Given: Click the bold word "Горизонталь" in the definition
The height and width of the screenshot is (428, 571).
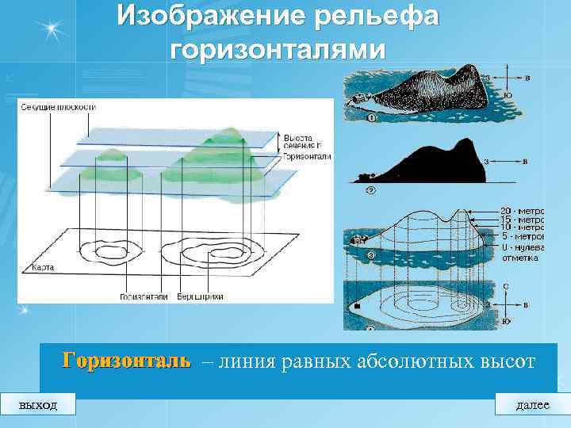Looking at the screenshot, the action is [127, 361].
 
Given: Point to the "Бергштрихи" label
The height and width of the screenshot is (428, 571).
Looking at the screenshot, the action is [201, 296].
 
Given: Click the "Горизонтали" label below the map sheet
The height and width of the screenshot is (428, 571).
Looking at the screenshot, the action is [144, 296].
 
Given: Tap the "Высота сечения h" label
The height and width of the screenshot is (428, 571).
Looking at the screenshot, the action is [304, 141].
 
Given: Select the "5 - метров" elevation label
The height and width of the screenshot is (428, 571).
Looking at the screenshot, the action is [522, 236].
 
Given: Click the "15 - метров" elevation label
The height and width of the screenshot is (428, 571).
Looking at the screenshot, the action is [522, 220].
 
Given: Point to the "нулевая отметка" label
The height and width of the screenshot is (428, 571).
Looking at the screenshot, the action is [520, 252].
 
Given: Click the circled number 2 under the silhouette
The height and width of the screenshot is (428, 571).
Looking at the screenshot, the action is [370, 190].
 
